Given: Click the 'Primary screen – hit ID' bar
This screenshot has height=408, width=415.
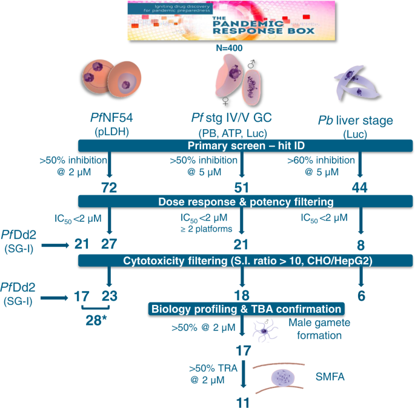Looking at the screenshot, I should (245, 145).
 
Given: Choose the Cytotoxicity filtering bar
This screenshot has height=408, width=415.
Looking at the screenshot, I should (245, 260).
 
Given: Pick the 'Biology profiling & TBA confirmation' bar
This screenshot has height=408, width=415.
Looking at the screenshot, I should (246, 308).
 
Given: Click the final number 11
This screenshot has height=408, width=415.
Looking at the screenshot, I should (243, 401).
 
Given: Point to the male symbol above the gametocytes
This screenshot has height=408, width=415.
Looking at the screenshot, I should (251, 63).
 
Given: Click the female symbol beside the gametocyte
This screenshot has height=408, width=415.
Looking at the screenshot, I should (225, 101).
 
